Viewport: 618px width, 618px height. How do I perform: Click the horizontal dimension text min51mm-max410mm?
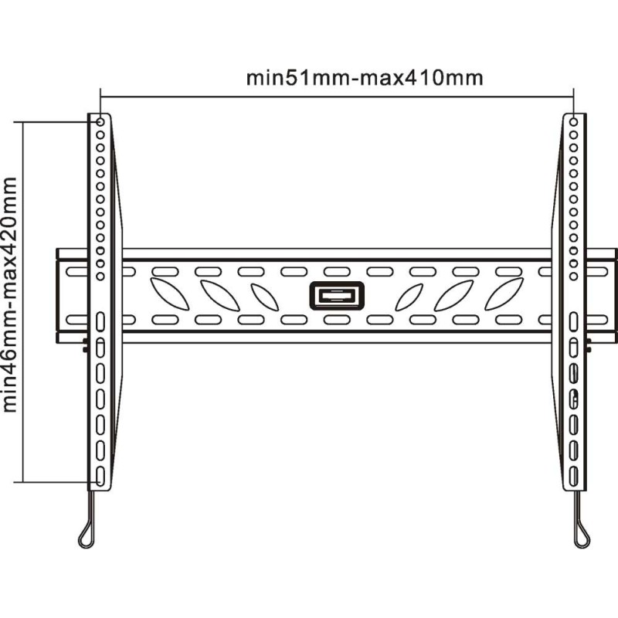coord(365,78)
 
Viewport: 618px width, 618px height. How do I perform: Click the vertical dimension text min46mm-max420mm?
coord(9,295)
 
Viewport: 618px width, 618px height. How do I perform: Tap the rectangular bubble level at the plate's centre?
coord(337,296)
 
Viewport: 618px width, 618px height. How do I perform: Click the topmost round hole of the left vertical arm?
coord(100,122)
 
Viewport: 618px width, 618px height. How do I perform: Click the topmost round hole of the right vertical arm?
coord(573,122)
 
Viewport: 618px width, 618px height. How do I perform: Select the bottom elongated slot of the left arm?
coord(100,476)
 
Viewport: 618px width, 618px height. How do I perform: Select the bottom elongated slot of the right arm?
coord(573,476)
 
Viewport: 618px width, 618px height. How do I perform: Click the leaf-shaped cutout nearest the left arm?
coord(169,294)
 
